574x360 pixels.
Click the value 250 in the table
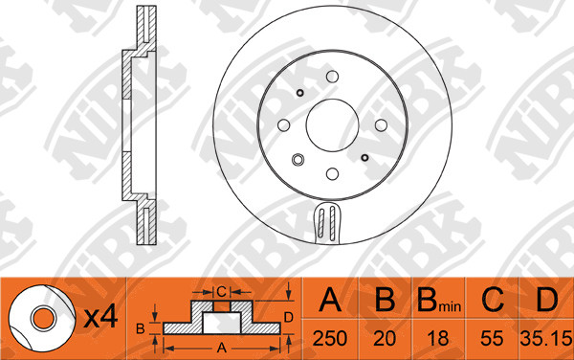(x=329, y=338)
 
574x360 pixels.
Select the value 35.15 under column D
(x=546, y=338)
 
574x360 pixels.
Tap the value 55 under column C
(x=492, y=338)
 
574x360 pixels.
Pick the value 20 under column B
(x=385, y=338)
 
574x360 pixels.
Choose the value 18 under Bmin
(x=438, y=338)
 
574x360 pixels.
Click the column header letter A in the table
(x=330, y=300)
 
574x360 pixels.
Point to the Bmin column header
(x=439, y=300)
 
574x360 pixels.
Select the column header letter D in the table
(x=546, y=300)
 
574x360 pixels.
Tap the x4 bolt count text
(x=100, y=317)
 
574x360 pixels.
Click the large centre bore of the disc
(x=332, y=124)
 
